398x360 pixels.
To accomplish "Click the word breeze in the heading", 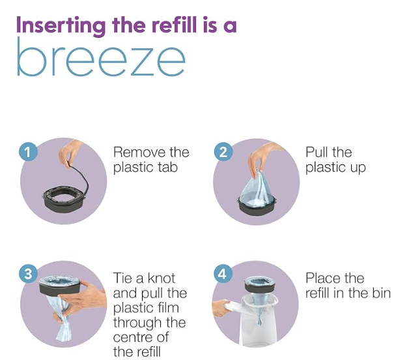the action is pos(101,57).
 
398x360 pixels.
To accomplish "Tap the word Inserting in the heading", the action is pos(61,26).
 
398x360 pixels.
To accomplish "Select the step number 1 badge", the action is pos(28,152).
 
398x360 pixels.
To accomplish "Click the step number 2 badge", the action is pos(223,152).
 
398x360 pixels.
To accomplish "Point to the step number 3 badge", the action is pos(28,274).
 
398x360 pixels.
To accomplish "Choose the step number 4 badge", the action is pos(223,274).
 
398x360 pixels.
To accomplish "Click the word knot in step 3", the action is pos(162,278).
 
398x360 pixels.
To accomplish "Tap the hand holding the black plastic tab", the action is pos(70,154).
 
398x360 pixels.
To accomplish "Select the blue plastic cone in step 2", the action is pos(257,187).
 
